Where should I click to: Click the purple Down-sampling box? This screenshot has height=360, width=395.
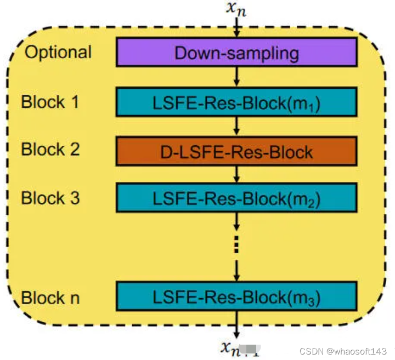click(236, 53)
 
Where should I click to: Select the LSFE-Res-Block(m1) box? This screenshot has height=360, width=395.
click(236, 102)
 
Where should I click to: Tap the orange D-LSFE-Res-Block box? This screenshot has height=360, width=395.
click(236, 151)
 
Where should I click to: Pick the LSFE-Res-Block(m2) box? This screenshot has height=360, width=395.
click(236, 198)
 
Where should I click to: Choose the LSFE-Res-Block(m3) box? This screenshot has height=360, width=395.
click(236, 298)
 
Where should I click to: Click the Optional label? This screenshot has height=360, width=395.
click(58, 53)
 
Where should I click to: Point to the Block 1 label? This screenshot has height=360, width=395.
click(50, 102)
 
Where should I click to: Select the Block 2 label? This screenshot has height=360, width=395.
click(50, 150)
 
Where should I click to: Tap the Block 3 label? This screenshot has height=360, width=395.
click(50, 198)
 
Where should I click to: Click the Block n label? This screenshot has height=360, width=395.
click(50, 298)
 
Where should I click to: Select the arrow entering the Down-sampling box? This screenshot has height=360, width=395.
click(236, 28)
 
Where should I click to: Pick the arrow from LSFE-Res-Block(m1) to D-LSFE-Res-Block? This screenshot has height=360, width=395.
click(236, 126)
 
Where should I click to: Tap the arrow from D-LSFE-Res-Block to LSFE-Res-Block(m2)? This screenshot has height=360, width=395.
click(236, 174)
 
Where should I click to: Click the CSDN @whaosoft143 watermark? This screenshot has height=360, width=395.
click(339, 350)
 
